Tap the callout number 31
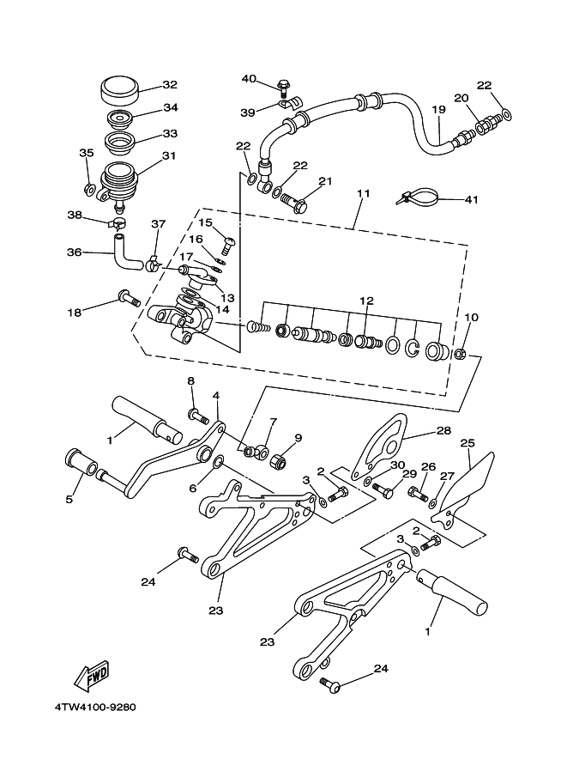168,155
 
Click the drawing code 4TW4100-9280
94,708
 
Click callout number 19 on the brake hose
438,110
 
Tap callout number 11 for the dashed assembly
363,194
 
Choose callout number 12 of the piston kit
366,301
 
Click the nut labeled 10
460,353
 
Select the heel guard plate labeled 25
469,483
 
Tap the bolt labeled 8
197,416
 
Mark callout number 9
298,437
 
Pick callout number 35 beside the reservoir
86,153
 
